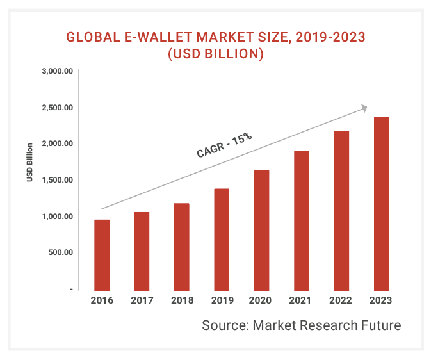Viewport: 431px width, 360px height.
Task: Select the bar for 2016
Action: click(x=102, y=254)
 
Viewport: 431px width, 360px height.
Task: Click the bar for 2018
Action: click(x=181, y=247)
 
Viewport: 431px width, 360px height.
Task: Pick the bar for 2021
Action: click(x=301, y=220)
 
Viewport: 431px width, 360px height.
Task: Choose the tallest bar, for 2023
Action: click(x=381, y=203)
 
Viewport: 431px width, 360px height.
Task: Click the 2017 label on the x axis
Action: click(x=142, y=300)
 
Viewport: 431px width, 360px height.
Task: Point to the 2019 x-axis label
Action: click(x=222, y=300)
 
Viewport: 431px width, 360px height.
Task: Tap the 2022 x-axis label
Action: click(x=341, y=300)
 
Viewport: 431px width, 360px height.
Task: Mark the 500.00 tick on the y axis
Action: click(x=60, y=252)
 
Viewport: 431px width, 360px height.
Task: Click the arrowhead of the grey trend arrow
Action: click(x=364, y=108)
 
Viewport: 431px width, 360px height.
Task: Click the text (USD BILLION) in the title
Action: click(x=215, y=54)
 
